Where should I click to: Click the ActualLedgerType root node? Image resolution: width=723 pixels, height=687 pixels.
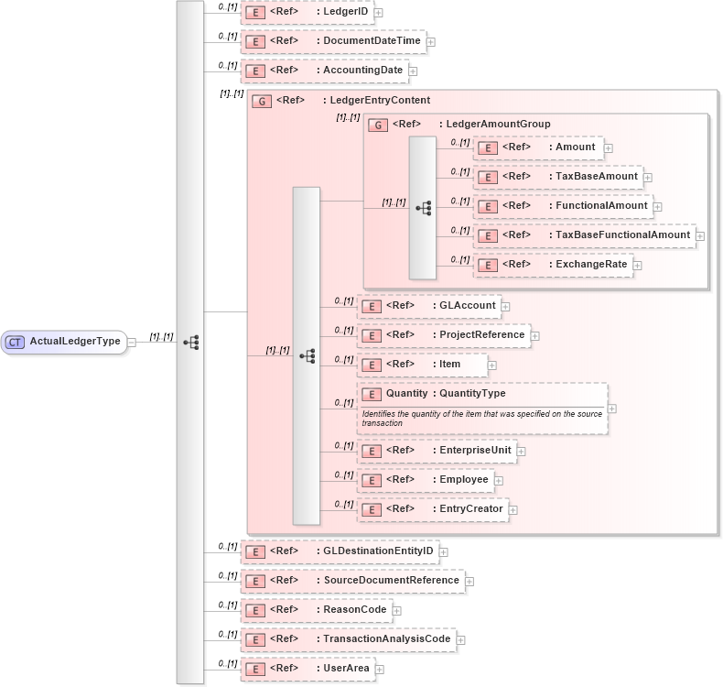tap(64, 342)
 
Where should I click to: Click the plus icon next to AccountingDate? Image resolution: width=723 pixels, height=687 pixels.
tap(413, 71)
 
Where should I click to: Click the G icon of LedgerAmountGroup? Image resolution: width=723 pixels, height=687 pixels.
tap(378, 125)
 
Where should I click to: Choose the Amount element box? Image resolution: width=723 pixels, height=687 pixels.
tap(537, 147)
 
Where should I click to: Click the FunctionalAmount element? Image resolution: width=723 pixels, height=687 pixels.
tap(563, 206)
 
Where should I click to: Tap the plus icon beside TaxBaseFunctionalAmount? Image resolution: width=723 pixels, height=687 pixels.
tap(700, 236)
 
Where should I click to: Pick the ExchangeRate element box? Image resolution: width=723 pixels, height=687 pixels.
tap(553, 265)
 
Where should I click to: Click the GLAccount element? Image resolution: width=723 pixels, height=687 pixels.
tap(427, 306)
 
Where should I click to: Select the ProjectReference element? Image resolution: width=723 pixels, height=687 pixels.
tap(443, 335)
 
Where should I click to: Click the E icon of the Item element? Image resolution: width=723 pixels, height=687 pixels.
tap(372, 365)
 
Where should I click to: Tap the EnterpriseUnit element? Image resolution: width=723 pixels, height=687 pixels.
tap(437, 451)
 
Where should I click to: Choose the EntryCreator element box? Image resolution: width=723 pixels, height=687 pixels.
tap(432, 509)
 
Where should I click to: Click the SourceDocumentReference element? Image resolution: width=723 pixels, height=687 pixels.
tap(352, 581)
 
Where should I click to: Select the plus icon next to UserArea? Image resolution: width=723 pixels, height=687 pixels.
tap(380, 670)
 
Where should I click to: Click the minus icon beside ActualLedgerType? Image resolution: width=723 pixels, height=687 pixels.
tap(133, 343)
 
